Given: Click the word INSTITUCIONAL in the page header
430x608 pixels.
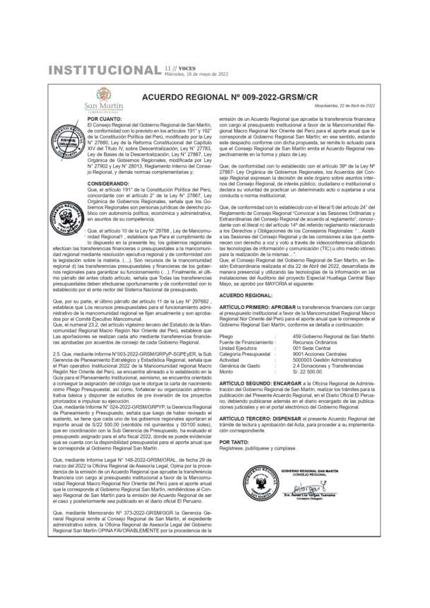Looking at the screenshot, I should [103, 70].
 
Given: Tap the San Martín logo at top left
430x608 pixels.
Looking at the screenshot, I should [103, 100].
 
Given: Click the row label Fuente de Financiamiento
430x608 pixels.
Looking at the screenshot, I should [245, 342].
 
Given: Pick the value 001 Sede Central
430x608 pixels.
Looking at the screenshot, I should [313, 349].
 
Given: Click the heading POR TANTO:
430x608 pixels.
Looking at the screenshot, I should [233, 442].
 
